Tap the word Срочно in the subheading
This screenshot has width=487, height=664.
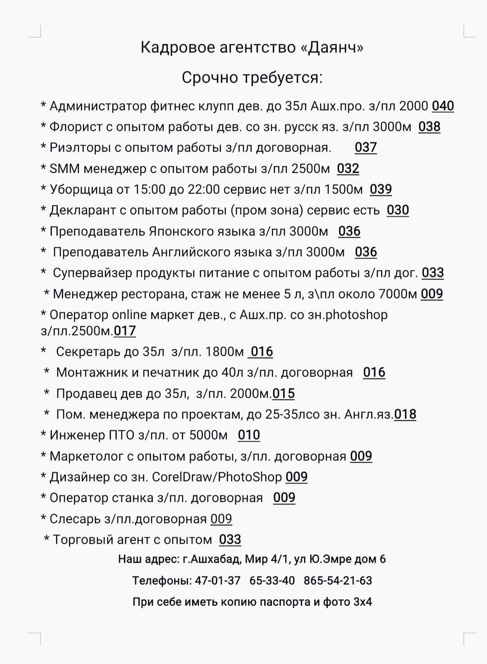pos(210,78)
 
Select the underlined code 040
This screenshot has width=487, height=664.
pos(443,106)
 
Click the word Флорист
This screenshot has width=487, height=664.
pos(75,127)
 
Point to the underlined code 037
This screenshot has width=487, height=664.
pos(366,147)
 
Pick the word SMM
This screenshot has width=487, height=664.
pos(64,169)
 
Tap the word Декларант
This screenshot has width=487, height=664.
pos(83,211)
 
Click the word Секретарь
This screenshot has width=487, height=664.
pos(88,352)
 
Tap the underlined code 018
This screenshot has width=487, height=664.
pos(405,414)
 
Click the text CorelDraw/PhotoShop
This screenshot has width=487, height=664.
pos(217,477)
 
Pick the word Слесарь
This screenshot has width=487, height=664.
pos(75,519)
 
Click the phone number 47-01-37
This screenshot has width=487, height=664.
pos(218,581)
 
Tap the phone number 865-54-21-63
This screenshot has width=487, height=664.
pos(338,581)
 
